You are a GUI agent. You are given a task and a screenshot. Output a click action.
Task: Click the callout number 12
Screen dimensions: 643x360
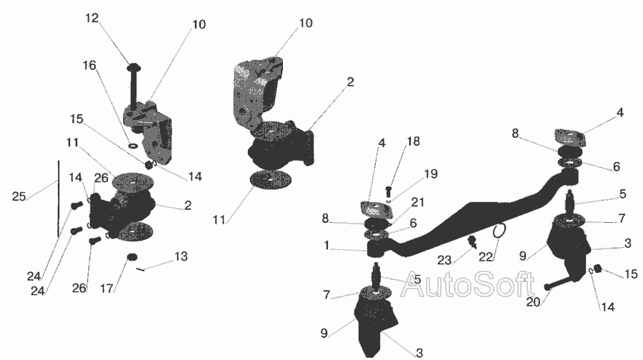coord(92,18)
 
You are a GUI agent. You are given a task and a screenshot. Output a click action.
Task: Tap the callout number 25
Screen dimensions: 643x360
coord(19,196)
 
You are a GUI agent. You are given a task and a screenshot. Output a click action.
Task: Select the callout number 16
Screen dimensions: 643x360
coord(89,65)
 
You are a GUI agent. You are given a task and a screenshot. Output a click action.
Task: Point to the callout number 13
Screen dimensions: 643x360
coord(181,256)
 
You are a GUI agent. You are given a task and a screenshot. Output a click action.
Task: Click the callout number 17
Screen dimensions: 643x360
coord(106,289)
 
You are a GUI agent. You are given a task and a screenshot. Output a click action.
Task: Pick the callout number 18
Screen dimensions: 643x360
coord(414,141)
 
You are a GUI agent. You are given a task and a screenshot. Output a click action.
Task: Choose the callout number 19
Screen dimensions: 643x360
coord(431,174)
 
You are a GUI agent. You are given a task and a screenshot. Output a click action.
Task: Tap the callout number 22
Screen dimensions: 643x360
coord(486,257)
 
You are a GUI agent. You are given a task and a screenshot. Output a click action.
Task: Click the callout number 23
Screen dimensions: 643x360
coord(444,260)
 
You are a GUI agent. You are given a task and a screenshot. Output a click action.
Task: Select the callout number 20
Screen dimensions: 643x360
coord(534,302)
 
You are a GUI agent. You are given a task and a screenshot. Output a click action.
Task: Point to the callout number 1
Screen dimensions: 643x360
coord(327,246)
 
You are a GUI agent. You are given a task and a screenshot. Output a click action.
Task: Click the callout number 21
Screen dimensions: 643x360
coord(417,202)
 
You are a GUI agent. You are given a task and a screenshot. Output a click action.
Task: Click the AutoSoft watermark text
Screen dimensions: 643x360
coord(467,284)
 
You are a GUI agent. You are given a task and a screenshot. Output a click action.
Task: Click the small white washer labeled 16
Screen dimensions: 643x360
coord(134,146)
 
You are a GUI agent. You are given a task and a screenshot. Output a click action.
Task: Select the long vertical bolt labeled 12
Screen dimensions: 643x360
coord(134,85)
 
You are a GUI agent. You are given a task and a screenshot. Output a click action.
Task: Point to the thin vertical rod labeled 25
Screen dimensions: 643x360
coord(59,199)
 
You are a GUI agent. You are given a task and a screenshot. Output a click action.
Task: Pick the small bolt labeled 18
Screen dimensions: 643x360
coord(389,191)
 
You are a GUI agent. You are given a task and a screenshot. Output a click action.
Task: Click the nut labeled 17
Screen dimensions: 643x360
coord(131,257)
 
